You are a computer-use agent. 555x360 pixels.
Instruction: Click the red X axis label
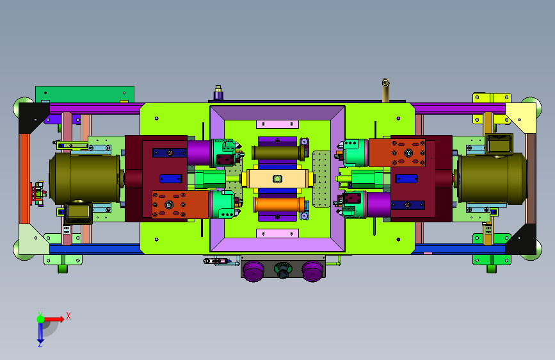click(68, 316)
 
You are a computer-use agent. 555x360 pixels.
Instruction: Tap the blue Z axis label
click(40, 344)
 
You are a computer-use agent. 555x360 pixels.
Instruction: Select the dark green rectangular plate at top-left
click(84, 94)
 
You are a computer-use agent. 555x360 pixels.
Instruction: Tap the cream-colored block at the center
click(277, 179)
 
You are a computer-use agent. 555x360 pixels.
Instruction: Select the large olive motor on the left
click(85, 178)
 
